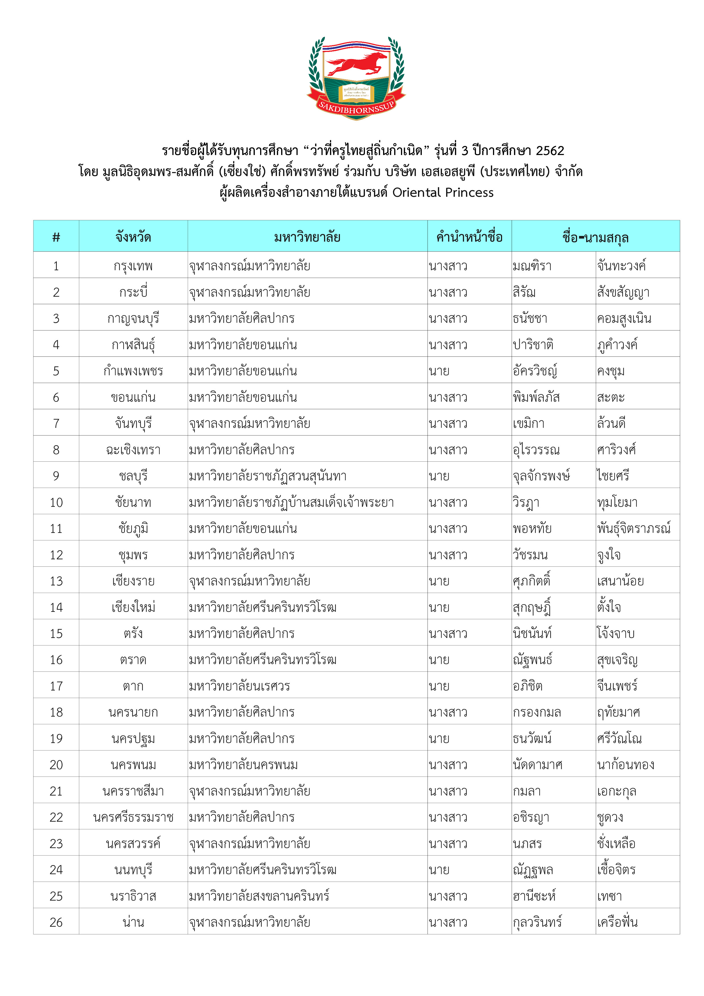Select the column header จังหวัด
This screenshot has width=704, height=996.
[133, 237]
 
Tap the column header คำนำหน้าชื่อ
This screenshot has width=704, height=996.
[469, 237]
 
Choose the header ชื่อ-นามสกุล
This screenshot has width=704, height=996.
[595, 237]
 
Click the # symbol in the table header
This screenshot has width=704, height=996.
[56, 237]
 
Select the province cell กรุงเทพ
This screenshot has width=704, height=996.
[133, 265]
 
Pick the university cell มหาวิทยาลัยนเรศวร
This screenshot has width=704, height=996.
[239, 686]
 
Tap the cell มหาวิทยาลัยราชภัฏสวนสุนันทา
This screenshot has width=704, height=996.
[268, 476]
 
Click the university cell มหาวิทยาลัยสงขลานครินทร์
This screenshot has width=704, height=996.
[259, 896]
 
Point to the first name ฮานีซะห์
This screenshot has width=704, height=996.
[534, 896]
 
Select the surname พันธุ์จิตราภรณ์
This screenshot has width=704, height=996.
[633, 528]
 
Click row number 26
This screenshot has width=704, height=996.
[56, 922]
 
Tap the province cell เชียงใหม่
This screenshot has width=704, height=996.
[133, 607]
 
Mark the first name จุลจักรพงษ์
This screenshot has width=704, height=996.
[541, 476]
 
